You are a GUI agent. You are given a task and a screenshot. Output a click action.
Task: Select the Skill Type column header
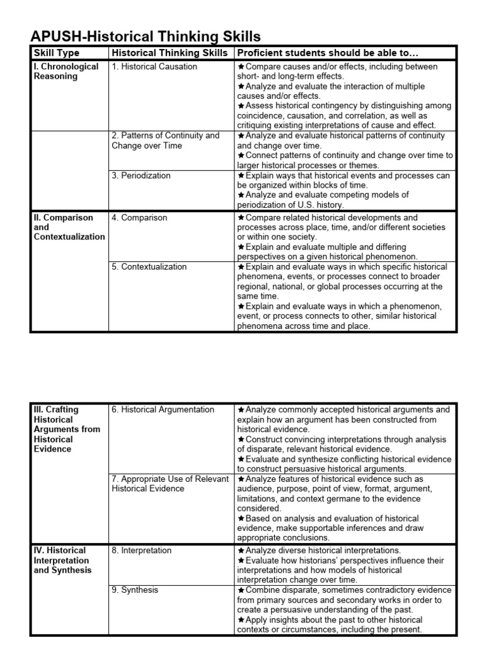56,54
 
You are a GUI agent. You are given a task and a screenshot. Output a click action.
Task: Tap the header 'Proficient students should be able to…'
328,54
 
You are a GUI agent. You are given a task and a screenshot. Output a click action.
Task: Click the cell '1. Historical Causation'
154,67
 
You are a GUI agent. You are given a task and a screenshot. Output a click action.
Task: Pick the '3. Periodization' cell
141,176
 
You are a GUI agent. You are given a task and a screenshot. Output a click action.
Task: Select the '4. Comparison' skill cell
139,218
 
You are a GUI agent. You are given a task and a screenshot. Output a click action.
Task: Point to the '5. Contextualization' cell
149,267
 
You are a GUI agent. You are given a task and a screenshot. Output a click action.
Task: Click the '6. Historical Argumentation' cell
163,410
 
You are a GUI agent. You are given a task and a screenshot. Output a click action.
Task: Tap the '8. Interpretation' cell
142,551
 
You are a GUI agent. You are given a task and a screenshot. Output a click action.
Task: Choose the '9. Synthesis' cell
135,590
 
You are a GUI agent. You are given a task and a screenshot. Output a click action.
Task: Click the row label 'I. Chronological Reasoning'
66,72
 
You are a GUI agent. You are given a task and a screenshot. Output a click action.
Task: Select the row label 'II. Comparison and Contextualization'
68,227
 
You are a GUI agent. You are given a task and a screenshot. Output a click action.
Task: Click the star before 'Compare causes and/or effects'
241,67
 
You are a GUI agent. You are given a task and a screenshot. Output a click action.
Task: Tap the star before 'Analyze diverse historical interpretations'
241,551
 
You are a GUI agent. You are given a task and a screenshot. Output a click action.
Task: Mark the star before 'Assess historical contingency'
241,106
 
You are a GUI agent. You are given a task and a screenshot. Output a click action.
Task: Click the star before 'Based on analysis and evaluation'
241,518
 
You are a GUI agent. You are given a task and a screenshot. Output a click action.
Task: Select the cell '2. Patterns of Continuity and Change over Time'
166,140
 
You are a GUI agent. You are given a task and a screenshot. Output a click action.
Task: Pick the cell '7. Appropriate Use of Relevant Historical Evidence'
170,484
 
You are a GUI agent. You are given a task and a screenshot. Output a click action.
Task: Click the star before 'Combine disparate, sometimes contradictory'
241,590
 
